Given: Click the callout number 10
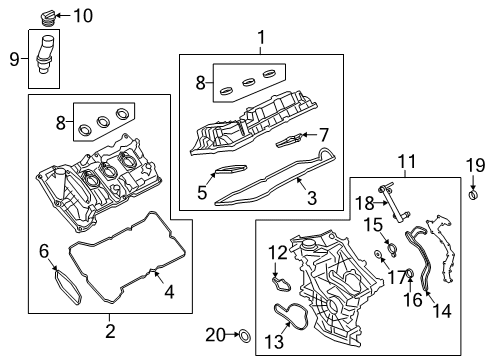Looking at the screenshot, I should coord(82,15).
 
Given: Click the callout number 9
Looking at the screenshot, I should coord(13,58).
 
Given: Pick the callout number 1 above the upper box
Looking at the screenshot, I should coord(261,39).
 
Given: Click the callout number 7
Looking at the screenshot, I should coord(323,134).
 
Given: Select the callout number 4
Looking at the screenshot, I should coord(168,292).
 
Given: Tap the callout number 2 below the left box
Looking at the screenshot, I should coord(109,331).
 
